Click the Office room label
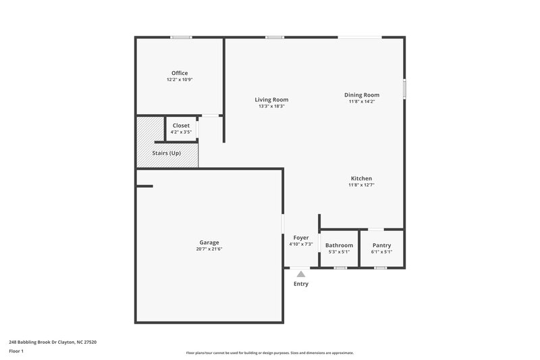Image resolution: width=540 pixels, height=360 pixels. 180,73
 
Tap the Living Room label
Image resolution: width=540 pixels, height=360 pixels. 271,99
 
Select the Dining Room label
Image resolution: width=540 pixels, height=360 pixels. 362,95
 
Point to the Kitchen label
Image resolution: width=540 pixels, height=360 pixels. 361,178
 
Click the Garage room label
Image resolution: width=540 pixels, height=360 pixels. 209,242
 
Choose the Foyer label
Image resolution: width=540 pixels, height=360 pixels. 300,238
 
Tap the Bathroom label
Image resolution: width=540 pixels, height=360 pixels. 339,245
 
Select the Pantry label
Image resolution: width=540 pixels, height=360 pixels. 381,245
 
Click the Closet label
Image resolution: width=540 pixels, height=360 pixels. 181,126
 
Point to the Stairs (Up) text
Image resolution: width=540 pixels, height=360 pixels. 166,153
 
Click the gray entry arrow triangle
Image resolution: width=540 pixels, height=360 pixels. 301,274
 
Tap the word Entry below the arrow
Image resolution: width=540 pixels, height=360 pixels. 301,284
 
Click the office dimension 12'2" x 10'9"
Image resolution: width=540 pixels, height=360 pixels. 180,80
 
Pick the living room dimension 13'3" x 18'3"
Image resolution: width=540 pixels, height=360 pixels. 271,106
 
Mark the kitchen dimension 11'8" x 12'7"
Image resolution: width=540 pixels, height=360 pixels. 361,185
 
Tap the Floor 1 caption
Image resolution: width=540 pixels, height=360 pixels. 16,352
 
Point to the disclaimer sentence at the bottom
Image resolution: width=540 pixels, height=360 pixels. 270,353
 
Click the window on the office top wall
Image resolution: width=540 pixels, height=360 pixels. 180,37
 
